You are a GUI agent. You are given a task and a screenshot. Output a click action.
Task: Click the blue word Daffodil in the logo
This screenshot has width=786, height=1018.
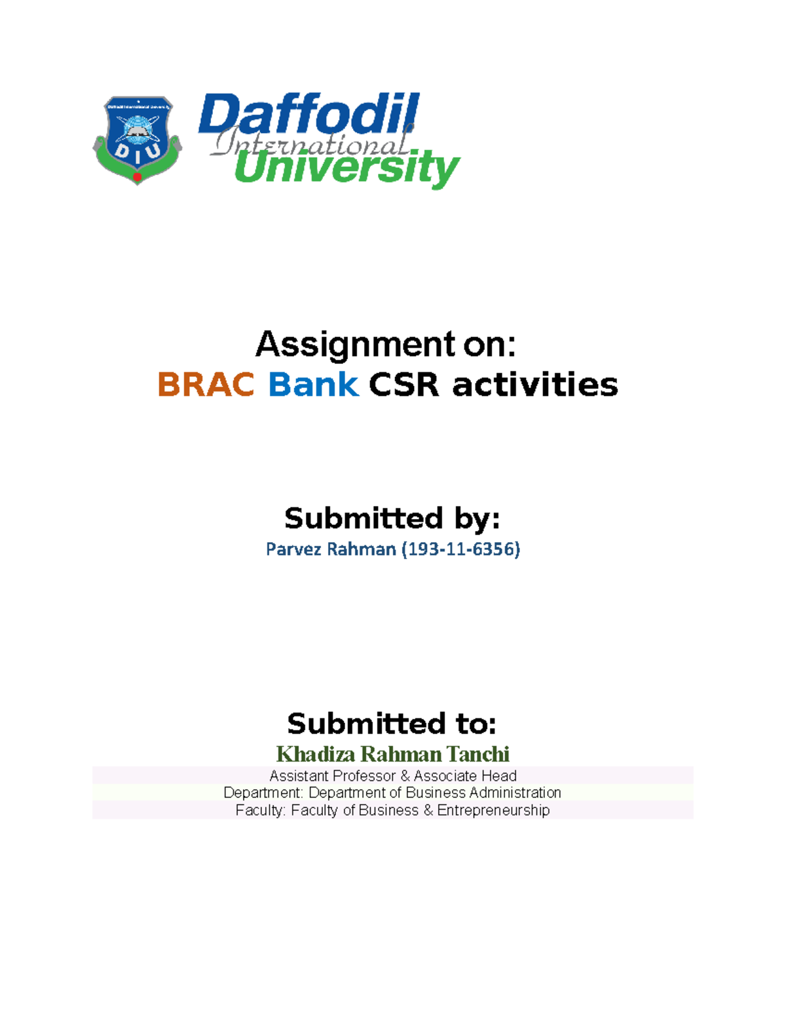point(309,115)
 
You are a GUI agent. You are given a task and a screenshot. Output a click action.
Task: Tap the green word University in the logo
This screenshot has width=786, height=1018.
point(347,168)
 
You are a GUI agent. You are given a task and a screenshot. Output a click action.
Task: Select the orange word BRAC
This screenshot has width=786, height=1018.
point(206,385)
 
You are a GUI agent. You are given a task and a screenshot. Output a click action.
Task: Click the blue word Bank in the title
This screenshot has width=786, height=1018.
point(313,385)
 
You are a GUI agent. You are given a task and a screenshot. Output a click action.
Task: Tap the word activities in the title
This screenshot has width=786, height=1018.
point(534,385)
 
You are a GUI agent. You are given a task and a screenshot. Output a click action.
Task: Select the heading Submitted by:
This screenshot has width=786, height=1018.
point(392,519)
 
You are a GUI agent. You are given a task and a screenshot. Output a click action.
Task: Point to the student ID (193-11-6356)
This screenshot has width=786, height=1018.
point(460,549)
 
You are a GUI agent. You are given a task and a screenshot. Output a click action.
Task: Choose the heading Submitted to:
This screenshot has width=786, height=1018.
point(392,724)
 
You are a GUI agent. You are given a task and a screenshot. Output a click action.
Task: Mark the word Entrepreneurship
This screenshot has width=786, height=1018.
point(493,811)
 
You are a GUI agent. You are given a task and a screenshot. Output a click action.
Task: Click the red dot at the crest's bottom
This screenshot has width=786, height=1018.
point(138,176)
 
